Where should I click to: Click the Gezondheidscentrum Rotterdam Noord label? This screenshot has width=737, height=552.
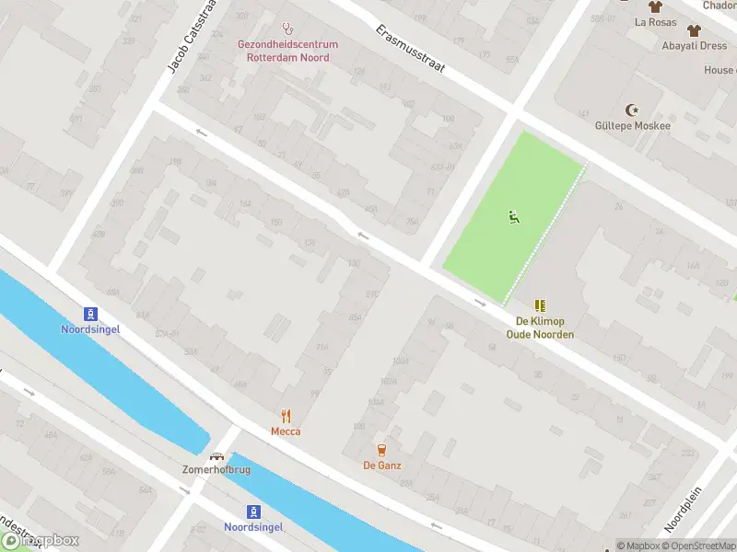[x=287, y=51]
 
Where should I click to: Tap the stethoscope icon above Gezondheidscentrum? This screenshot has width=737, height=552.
[x=287, y=29]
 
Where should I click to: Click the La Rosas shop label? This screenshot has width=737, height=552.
[x=655, y=22]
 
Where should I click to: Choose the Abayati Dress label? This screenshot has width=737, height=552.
[x=694, y=45]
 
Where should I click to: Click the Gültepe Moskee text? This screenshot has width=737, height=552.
[x=633, y=125]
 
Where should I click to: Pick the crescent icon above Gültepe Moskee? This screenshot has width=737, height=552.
[x=632, y=109]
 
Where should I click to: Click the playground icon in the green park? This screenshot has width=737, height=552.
[x=513, y=217]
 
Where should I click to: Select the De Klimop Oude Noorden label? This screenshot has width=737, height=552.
[x=540, y=328]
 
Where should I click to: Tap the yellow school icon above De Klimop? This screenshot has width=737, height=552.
[x=540, y=305]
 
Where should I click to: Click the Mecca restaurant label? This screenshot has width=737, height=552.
[x=286, y=431]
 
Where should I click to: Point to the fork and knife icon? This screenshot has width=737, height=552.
[x=286, y=415]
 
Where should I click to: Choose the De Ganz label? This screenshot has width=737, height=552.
[x=381, y=466]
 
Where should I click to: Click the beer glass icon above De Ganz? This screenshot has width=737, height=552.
[x=381, y=449]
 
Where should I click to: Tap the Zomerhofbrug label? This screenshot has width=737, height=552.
[x=217, y=469]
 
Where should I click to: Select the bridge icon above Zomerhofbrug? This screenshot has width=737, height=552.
[x=217, y=454]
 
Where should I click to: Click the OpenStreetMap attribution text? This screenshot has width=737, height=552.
[x=698, y=546]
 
